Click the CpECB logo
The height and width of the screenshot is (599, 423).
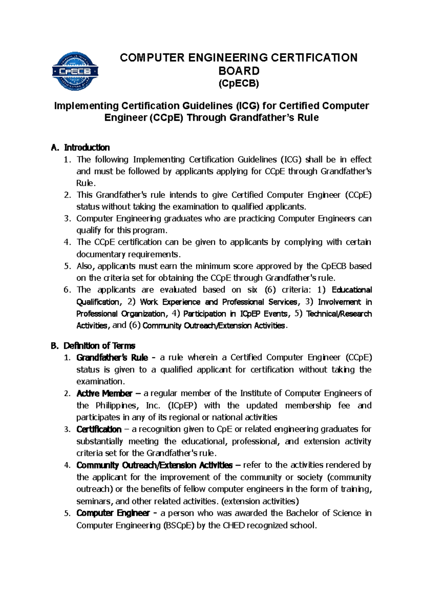click(75, 71)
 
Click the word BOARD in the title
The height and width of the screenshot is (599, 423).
click(239, 71)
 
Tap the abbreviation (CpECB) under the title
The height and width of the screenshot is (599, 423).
click(239, 84)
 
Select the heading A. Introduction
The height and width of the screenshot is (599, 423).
click(80, 147)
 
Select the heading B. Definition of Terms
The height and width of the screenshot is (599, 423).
click(93, 346)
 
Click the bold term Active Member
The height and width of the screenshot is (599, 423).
click(104, 393)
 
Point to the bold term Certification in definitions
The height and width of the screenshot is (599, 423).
click(99, 429)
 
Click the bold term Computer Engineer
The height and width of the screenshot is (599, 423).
click(113, 513)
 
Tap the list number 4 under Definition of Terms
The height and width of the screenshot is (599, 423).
click(67, 465)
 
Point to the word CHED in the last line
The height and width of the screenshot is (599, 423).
click(234, 525)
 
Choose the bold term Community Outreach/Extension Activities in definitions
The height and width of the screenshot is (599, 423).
click(154, 465)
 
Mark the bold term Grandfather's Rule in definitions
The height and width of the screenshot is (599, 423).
click(112, 358)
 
